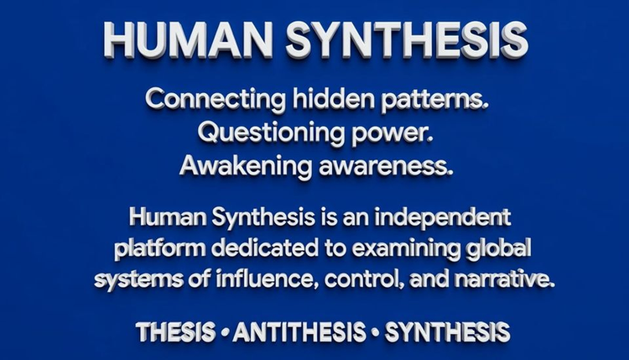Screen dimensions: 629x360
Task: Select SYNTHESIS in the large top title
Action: (407, 40)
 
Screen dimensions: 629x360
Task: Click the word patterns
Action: (435, 101)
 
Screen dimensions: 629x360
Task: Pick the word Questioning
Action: (271, 133)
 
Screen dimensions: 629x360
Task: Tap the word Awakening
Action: (246, 166)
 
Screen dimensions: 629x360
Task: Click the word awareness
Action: (386, 167)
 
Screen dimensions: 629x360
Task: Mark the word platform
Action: (159, 249)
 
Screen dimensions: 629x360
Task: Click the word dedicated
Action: (265, 248)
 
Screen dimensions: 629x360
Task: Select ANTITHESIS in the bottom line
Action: (299, 332)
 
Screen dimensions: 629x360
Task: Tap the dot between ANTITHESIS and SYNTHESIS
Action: (376, 332)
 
